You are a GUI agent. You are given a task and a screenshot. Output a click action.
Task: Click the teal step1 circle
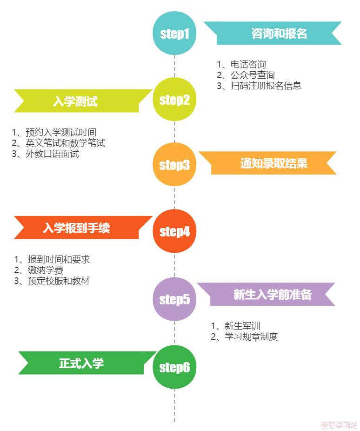(x=174, y=33)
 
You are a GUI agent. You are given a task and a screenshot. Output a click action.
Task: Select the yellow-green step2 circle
(x=174, y=100)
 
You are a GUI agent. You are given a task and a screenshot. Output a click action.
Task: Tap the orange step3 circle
(x=174, y=165)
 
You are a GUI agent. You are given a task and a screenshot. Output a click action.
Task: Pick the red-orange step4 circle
(x=174, y=231)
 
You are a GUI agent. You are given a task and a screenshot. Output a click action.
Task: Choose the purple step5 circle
(x=174, y=299)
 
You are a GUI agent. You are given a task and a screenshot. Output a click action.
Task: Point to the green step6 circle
(x=174, y=367)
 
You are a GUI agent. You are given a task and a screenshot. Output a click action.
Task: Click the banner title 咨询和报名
(x=279, y=34)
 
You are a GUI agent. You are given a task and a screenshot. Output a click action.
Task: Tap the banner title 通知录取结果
(x=273, y=163)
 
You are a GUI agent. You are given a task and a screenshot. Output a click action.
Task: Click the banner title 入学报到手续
(x=76, y=228)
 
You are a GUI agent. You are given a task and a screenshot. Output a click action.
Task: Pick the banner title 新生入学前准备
(x=272, y=295)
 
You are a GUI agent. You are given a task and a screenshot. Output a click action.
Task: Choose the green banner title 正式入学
(x=81, y=363)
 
